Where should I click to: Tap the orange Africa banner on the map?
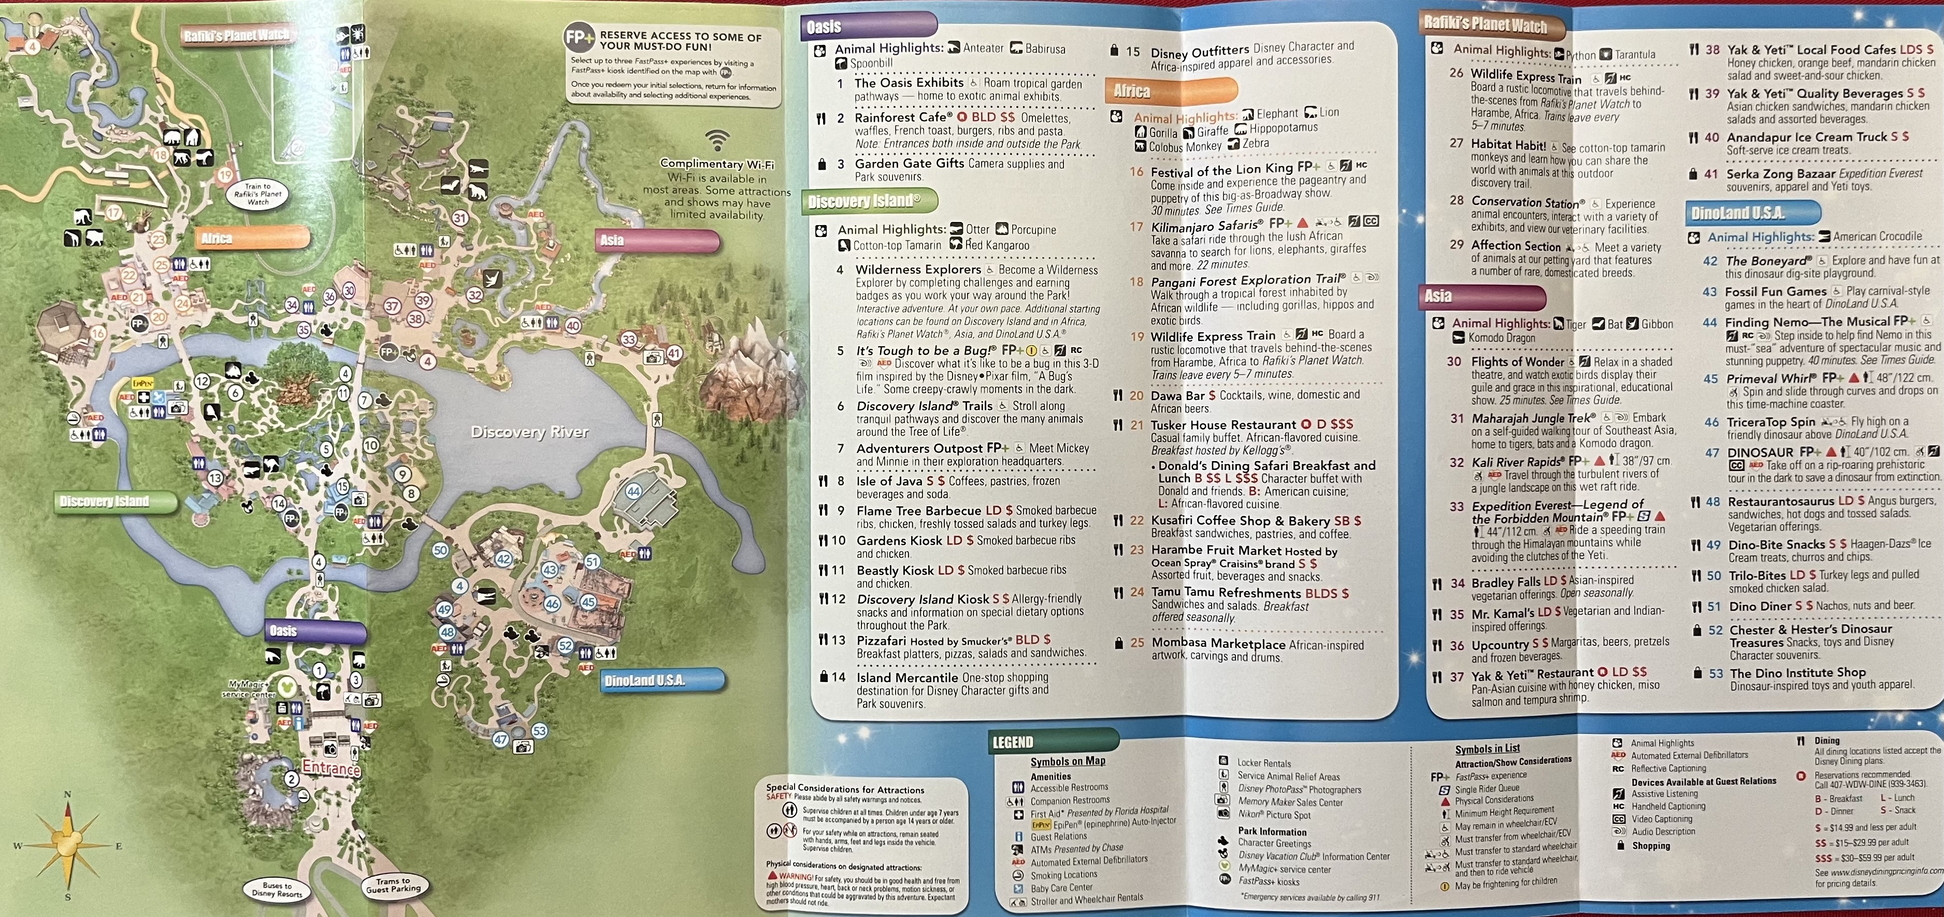[252, 238]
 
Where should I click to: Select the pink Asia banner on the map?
[657, 241]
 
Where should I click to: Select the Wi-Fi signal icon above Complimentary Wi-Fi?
[717, 140]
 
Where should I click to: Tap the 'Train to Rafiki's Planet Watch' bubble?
[257, 194]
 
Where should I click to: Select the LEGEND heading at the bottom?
[1012, 742]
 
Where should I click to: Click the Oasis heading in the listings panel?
[824, 27]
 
